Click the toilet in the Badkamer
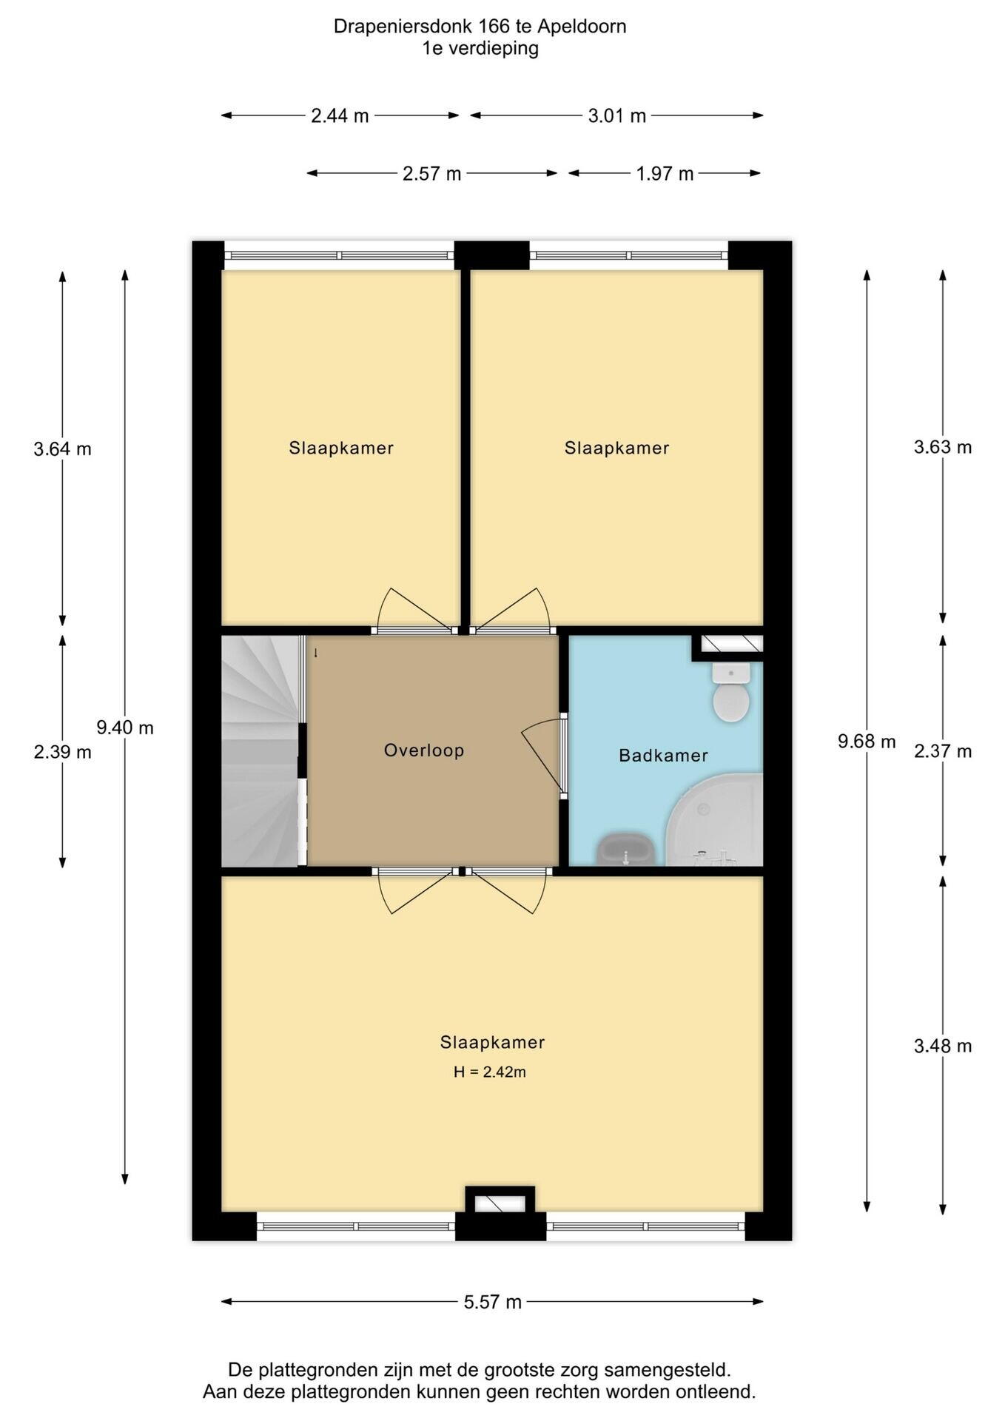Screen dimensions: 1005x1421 point(731,692)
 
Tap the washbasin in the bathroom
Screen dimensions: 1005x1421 point(626,850)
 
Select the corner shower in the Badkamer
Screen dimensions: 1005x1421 point(715,819)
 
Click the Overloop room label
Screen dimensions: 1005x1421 point(424,750)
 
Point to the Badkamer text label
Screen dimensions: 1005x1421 point(664,756)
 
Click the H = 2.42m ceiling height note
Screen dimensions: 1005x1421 point(490,1072)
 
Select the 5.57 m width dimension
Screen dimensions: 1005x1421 point(493,1302)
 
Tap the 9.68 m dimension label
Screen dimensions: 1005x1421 point(867,741)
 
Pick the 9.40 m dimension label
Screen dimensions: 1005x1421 point(125,728)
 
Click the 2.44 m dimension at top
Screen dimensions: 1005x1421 point(340,115)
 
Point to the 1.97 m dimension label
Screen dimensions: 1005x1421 point(665,174)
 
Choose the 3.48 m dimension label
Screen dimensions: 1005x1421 point(943,1046)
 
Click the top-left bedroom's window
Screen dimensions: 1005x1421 point(340,255)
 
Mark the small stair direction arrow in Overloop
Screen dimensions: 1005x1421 point(316,653)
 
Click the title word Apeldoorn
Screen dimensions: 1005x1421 point(582,27)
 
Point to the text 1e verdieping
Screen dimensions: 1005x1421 point(480,49)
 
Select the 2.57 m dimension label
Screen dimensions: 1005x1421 point(431,174)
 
